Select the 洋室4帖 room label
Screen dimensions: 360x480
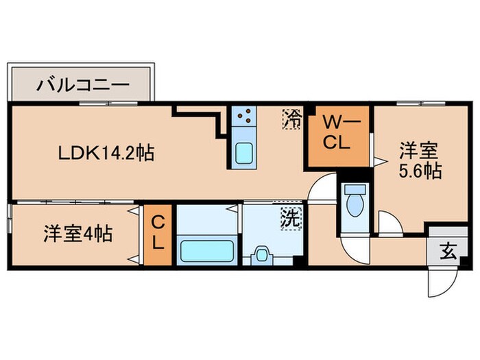tap(71, 233)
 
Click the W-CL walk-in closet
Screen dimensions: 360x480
tap(338, 134)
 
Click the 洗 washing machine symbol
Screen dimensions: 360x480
tap(291, 219)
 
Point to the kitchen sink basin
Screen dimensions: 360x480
tap(243, 153)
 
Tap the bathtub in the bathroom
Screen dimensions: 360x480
tap(206, 251)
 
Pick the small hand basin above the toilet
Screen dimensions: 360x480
tap(355, 189)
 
